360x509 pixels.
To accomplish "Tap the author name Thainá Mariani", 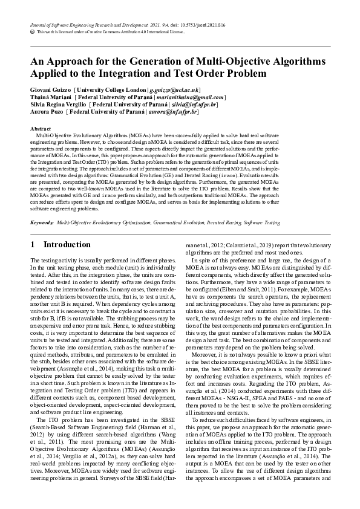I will click(x=50, y=97).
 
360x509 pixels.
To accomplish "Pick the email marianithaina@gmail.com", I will click(x=190, y=97).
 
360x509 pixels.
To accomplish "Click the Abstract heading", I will click(x=40, y=129).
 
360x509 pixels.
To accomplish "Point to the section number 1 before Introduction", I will click(x=33, y=244).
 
